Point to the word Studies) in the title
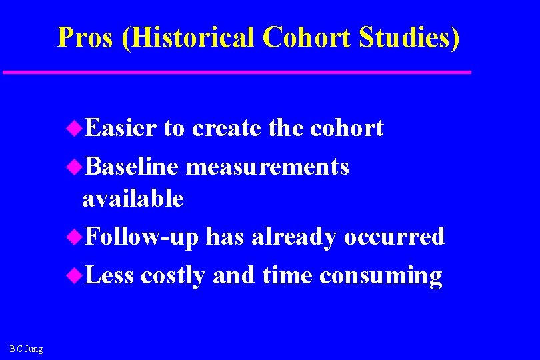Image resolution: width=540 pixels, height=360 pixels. pos(409,38)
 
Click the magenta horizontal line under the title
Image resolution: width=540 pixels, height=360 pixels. pos(237,72)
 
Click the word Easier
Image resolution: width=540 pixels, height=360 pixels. pos(121,128)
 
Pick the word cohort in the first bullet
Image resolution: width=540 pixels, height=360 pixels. pos(347,128)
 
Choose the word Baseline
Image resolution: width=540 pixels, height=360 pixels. pos(132,167)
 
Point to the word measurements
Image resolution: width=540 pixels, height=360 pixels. pos(267,167)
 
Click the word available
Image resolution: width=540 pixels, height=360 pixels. pos(133,198)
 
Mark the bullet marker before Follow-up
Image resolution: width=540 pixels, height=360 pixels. pos(75,237)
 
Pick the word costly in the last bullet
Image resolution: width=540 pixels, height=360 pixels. pos(173,275)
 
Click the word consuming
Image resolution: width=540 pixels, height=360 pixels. pos(381,275)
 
